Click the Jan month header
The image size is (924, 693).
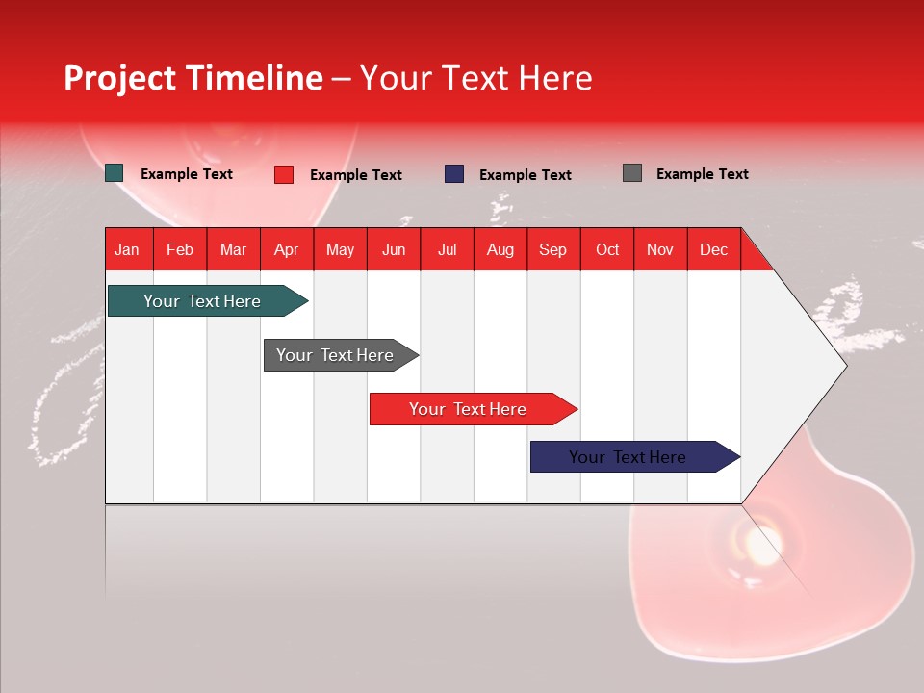tap(127, 249)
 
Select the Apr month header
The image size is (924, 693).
tap(286, 249)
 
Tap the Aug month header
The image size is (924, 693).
tap(500, 249)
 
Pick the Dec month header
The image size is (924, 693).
tap(713, 249)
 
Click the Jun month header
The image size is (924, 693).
tap(394, 249)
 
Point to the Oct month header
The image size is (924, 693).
tap(607, 249)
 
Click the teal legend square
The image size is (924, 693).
tap(115, 173)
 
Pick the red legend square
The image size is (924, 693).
tap(284, 174)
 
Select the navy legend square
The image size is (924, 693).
tap(454, 174)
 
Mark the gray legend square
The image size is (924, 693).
tap(632, 173)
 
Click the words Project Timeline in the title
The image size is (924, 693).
tap(192, 78)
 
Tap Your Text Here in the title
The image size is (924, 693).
tap(476, 78)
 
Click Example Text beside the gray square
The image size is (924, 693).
tap(702, 173)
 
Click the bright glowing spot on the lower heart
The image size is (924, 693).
tap(762, 550)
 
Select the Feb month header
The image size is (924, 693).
tap(180, 249)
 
